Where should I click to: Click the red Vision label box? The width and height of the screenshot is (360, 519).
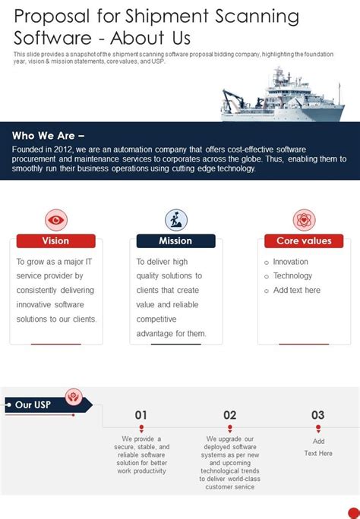point(56,241)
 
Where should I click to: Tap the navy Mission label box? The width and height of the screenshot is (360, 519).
point(176,241)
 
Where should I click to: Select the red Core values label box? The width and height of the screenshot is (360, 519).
point(304,241)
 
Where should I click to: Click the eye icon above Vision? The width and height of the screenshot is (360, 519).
point(56,220)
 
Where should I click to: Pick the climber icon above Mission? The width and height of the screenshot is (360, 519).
point(176,220)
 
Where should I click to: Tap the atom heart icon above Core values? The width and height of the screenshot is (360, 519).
point(304,220)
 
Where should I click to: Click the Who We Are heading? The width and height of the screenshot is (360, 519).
point(48,136)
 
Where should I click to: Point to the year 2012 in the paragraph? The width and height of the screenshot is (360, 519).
point(62,149)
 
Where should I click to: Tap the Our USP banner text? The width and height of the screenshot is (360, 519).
point(33,405)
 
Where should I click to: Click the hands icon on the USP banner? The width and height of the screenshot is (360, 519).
point(74,397)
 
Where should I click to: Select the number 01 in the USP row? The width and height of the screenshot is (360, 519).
point(141,415)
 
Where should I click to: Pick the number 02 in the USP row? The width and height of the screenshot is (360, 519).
point(230,415)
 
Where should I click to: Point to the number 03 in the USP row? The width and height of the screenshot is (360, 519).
point(318,415)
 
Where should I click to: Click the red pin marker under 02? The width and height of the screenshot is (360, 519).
point(230,429)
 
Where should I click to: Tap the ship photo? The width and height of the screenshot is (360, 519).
point(283,95)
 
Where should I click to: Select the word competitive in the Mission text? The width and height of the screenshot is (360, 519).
point(156,319)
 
